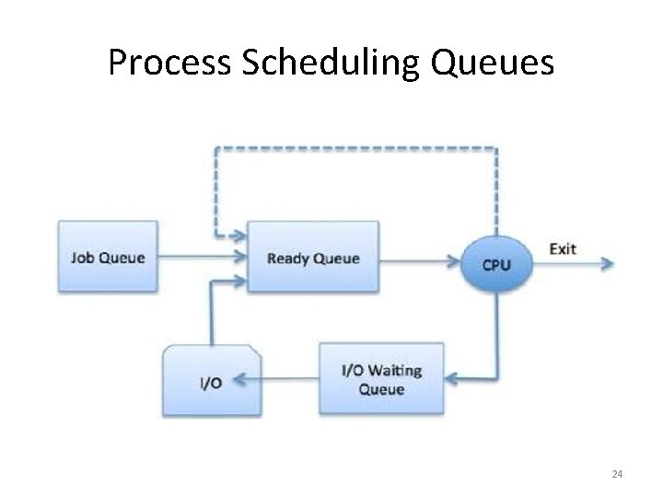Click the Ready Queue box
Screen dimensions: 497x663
pos(313,257)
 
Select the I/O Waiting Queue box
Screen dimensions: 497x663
pos(381,378)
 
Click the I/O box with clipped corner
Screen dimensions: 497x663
pos(212,380)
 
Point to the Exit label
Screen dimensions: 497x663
pos(563,248)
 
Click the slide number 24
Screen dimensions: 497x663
pos(617,474)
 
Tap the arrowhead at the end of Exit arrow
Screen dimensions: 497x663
pos(608,263)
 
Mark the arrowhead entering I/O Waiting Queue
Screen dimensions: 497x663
pos(451,378)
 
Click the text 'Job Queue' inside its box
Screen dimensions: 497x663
pos(108,257)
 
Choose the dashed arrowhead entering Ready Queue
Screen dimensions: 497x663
pos(242,236)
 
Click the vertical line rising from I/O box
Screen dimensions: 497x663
pos(214,313)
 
